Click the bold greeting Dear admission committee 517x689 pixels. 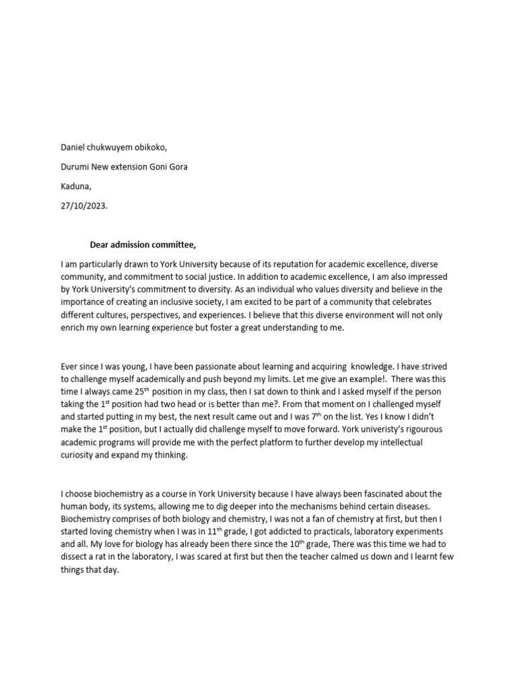(143, 244)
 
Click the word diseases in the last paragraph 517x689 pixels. (422, 507)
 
